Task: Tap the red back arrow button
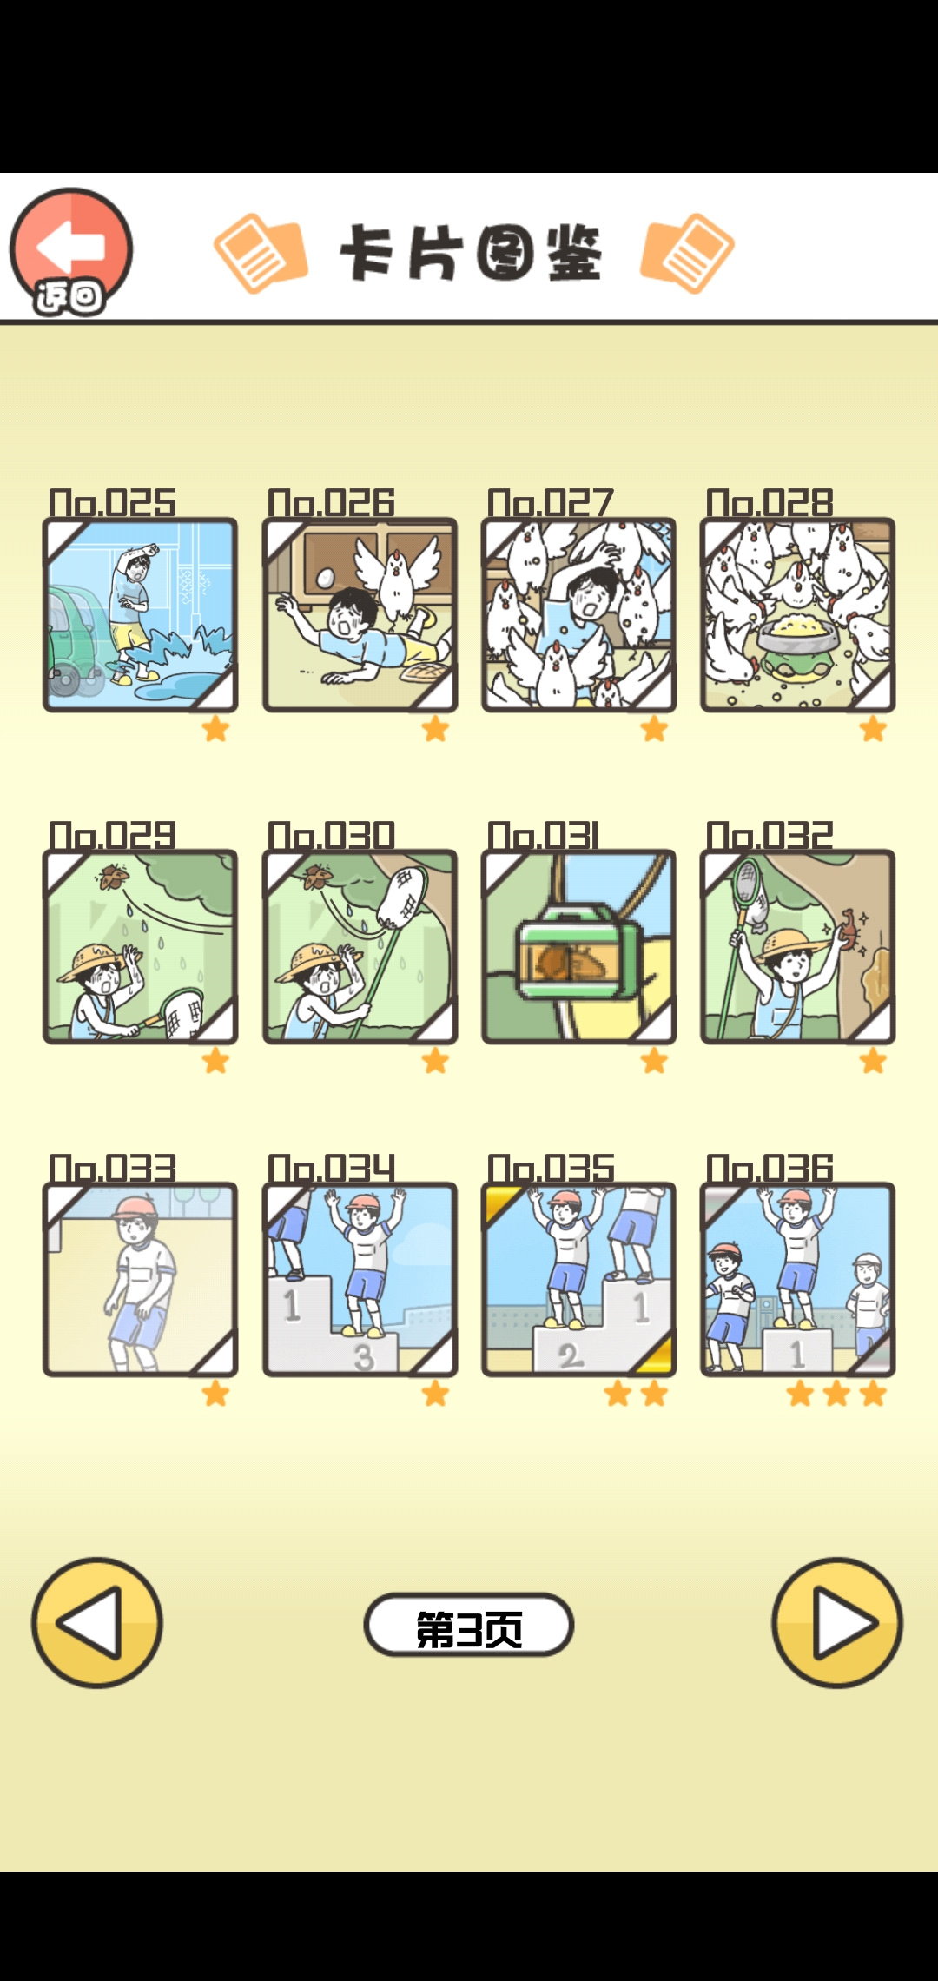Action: tap(71, 251)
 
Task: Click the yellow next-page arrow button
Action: tap(837, 1622)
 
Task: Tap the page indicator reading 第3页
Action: tap(469, 1625)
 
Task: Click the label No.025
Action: tap(112, 503)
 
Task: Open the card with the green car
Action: tap(140, 615)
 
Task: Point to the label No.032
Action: tap(770, 836)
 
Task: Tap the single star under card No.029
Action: tap(215, 1061)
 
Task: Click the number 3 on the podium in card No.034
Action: tap(364, 1356)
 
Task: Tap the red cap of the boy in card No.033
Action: tap(135, 1207)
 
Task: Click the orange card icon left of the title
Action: tap(261, 253)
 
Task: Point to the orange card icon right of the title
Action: tap(687, 253)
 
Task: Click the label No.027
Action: tap(551, 503)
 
